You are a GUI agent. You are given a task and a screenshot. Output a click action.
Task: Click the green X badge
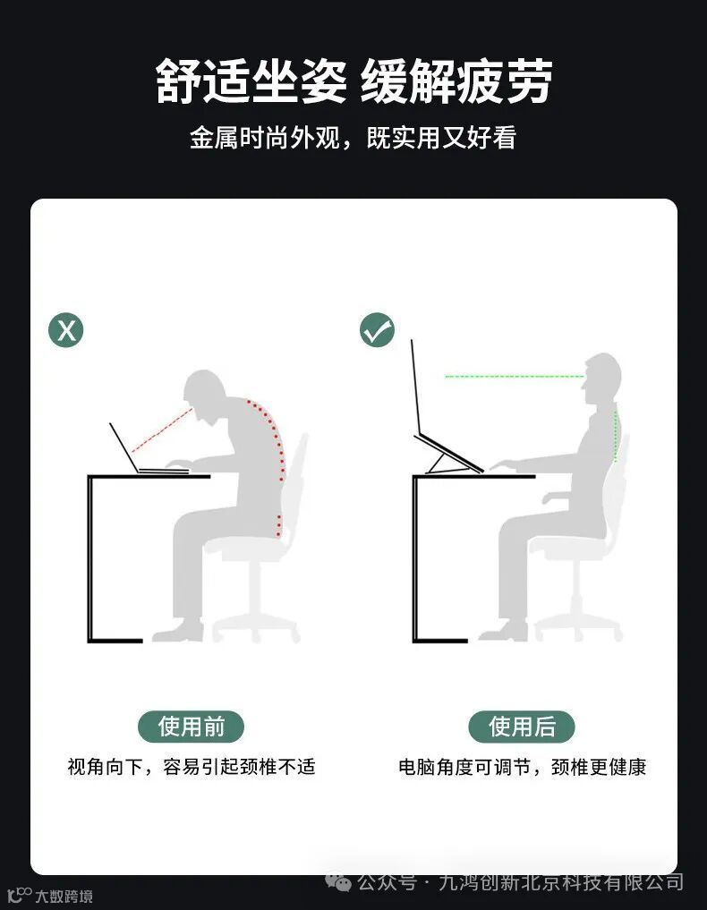click(65, 330)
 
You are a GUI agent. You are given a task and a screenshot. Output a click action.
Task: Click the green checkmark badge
click(377, 330)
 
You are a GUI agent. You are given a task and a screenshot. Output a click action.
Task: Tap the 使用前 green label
click(191, 726)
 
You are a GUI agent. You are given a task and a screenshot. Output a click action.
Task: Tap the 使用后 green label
click(522, 726)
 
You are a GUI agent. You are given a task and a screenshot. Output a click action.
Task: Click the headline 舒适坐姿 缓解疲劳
click(353, 81)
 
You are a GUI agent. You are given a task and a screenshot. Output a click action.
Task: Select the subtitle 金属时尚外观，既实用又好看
click(353, 138)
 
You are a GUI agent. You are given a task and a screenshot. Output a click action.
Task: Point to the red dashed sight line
click(162, 430)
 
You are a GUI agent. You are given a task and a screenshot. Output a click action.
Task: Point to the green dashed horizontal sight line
click(515, 377)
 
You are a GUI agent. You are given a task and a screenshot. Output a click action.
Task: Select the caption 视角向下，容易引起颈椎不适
click(191, 767)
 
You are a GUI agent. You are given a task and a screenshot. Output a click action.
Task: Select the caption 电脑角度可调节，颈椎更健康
click(522, 767)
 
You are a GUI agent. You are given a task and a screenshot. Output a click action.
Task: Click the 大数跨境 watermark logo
click(50, 896)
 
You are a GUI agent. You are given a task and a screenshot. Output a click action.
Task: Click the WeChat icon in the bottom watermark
click(338, 883)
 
